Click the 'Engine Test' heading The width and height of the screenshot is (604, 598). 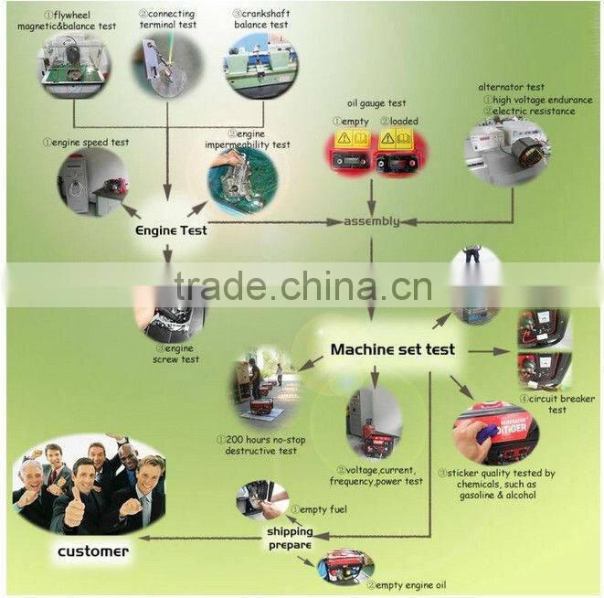[x=170, y=230]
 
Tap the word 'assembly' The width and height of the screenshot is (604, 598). [x=371, y=221]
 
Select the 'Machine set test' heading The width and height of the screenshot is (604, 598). [x=392, y=349]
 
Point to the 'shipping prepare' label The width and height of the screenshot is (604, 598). [x=289, y=538]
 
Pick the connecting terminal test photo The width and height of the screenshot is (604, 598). [x=169, y=65]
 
